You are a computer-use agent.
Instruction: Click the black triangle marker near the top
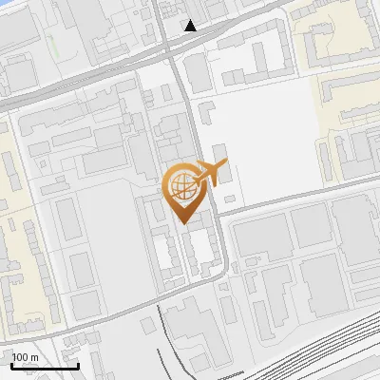pyautogui.click(x=191, y=26)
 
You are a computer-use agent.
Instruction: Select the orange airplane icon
pyautogui.click(x=211, y=173)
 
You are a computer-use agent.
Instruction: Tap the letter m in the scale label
pyautogui.click(x=34, y=357)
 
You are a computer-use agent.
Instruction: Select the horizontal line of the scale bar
pyautogui.click(x=45, y=367)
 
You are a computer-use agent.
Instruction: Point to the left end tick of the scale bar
pyautogui.click(x=11, y=364)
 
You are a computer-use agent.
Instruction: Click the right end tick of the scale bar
pyautogui.click(x=78, y=364)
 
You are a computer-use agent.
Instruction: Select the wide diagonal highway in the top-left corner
pyautogui.click(x=57, y=85)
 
